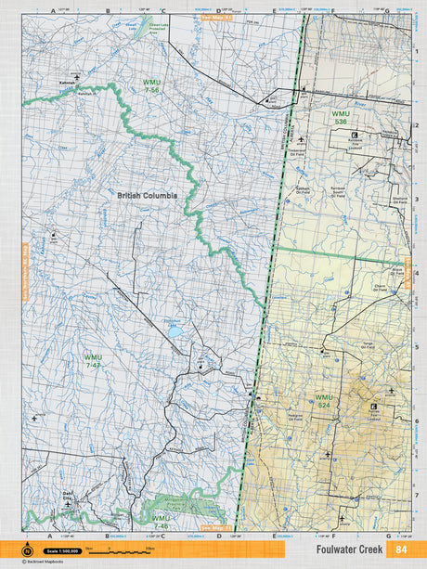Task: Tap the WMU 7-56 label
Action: [x=151, y=85]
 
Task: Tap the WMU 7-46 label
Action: [x=161, y=522]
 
